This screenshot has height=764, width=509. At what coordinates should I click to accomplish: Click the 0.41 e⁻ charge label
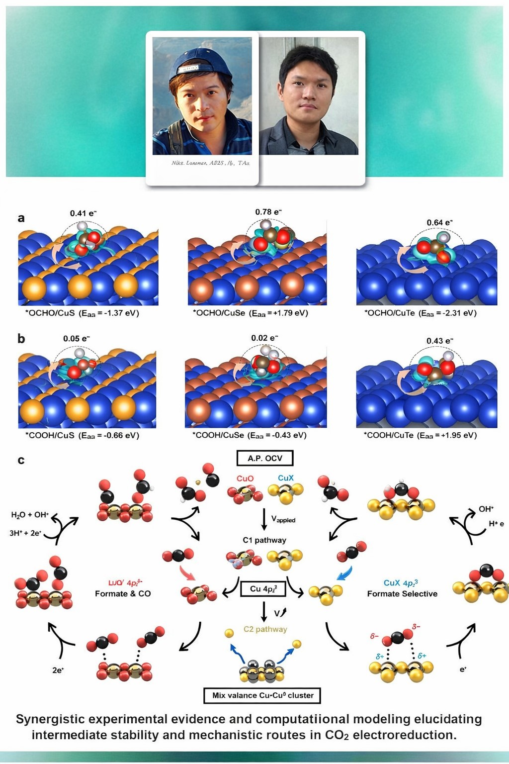83,213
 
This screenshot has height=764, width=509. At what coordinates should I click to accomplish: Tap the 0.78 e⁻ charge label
268,212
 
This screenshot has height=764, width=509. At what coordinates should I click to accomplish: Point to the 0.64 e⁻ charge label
439,222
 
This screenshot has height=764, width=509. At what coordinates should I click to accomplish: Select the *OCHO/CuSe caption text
250,313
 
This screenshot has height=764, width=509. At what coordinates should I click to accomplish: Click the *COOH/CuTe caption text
420,435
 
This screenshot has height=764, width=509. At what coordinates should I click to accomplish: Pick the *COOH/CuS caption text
82,435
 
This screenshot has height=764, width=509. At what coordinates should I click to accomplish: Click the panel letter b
21,339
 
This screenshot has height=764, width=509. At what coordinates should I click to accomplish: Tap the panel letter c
21,460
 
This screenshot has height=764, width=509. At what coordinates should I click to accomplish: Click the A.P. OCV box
264,458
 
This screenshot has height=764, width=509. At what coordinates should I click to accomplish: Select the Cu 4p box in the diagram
263,589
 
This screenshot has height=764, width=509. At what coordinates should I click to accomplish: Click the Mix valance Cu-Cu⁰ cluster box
262,695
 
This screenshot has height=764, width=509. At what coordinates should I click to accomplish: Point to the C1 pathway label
264,540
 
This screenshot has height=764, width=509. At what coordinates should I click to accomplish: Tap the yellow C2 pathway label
265,629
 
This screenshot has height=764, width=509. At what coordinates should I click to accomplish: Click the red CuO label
245,478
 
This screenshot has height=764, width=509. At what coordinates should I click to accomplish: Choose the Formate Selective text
402,594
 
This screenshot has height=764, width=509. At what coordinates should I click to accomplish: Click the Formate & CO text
123,594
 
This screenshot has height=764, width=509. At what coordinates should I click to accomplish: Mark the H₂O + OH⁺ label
30,515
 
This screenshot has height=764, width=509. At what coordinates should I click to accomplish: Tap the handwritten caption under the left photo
210,163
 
